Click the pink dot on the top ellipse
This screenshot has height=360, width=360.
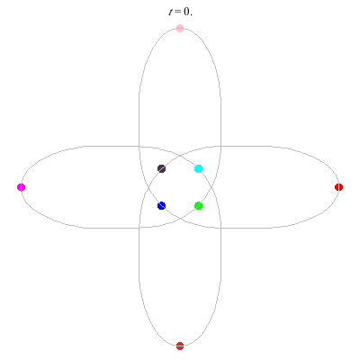click(x=180, y=29)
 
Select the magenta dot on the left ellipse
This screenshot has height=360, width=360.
click(x=21, y=187)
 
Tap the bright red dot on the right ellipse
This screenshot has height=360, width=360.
click(x=338, y=187)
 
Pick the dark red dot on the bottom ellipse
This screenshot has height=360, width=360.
click(x=180, y=346)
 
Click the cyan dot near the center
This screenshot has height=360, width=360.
click(x=198, y=169)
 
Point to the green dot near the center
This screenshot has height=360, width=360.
click(x=198, y=206)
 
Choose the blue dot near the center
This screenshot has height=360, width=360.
click(x=161, y=206)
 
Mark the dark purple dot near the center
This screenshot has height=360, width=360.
click(x=161, y=169)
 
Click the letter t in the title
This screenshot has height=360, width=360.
click(x=170, y=12)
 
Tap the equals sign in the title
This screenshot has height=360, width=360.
click(x=178, y=13)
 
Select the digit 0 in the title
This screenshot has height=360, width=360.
click(x=186, y=12)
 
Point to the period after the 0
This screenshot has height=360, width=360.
click(x=191, y=14)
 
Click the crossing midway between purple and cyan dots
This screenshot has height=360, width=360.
click(x=180, y=156)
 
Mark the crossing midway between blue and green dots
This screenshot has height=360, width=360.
click(x=180, y=219)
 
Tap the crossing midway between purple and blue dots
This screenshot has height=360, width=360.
click(x=148, y=187)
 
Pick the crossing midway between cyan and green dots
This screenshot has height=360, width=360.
click(x=211, y=187)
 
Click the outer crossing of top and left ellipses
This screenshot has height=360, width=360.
click(x=139, y=147)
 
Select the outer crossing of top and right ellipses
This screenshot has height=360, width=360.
click(x=221, y=147)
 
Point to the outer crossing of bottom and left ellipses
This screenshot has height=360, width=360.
click(x=139, y=228)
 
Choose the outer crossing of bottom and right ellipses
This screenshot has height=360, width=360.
click(x=221, y=228)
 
